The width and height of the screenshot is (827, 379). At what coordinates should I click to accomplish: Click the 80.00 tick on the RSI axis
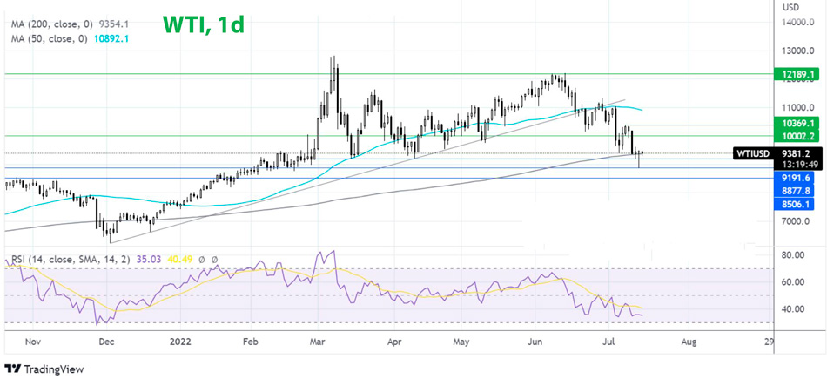793,255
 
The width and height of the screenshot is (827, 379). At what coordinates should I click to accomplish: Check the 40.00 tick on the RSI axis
793,309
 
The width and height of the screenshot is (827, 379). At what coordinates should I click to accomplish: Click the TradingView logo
45,369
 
